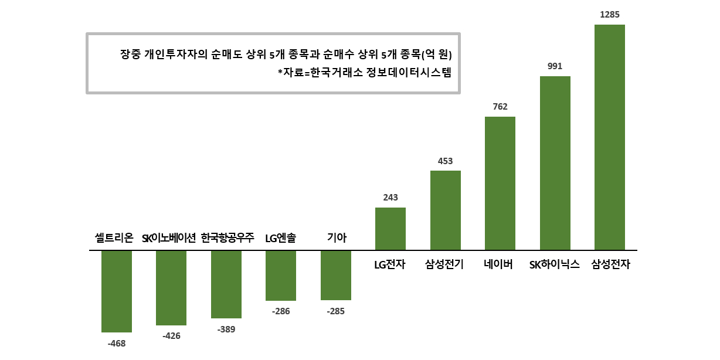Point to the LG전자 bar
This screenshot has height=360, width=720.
point(390,229)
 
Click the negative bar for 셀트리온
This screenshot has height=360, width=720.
point(117,291)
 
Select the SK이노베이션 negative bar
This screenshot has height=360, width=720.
point(171,288)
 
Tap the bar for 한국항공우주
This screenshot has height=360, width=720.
point(226,284)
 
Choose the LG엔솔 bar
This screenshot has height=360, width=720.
point(281,276)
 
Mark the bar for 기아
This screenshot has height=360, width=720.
point(336,276)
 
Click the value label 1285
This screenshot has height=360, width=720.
point(610,14)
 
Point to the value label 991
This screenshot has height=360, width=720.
point(555,66)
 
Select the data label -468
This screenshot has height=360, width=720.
point(117,343)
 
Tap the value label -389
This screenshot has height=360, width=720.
point(226,330)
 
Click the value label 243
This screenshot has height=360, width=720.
point(390,198)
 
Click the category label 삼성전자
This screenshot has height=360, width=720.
point(610,264)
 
